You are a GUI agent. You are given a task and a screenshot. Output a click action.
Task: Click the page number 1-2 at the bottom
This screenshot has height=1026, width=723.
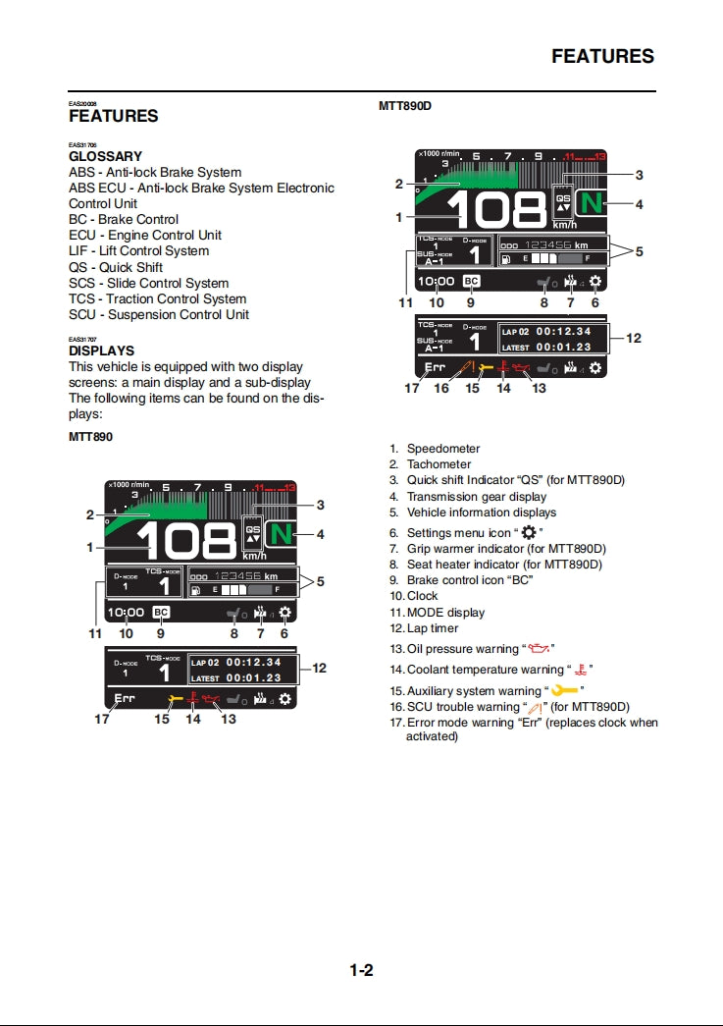(361, 971)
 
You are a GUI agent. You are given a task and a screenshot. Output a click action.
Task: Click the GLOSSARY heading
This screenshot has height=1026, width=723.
(105, 156)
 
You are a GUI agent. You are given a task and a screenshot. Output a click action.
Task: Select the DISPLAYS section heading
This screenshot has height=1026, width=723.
(101, 351)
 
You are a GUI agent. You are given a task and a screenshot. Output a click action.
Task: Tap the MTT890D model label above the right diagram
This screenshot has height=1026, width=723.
(405, 105)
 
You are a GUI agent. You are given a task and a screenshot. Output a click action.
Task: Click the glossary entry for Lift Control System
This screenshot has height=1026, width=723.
(138, 251)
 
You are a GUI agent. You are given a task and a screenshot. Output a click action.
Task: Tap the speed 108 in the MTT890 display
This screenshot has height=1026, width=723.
(185, 541)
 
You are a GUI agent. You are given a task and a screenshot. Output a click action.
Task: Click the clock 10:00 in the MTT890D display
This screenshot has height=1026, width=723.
(436, 282)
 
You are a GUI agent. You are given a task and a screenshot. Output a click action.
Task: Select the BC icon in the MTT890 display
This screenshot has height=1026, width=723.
(161, 612)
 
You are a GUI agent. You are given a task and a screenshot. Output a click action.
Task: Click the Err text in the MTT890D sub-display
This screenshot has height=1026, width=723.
(435, 368)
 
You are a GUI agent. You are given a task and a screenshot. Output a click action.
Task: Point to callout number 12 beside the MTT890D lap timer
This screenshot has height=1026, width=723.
(634, 338)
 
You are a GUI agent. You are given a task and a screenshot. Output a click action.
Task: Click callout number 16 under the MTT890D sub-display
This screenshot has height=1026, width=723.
(441, 389)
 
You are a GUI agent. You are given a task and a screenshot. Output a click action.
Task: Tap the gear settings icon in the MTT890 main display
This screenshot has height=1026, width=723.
(285, 612)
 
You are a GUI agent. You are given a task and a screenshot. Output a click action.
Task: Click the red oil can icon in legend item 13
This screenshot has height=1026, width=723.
(539, 649)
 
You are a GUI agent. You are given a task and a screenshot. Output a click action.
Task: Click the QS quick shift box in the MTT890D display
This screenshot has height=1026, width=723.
(563, 200)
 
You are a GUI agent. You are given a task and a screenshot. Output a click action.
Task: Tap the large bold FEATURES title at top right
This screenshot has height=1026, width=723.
(602, 56)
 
